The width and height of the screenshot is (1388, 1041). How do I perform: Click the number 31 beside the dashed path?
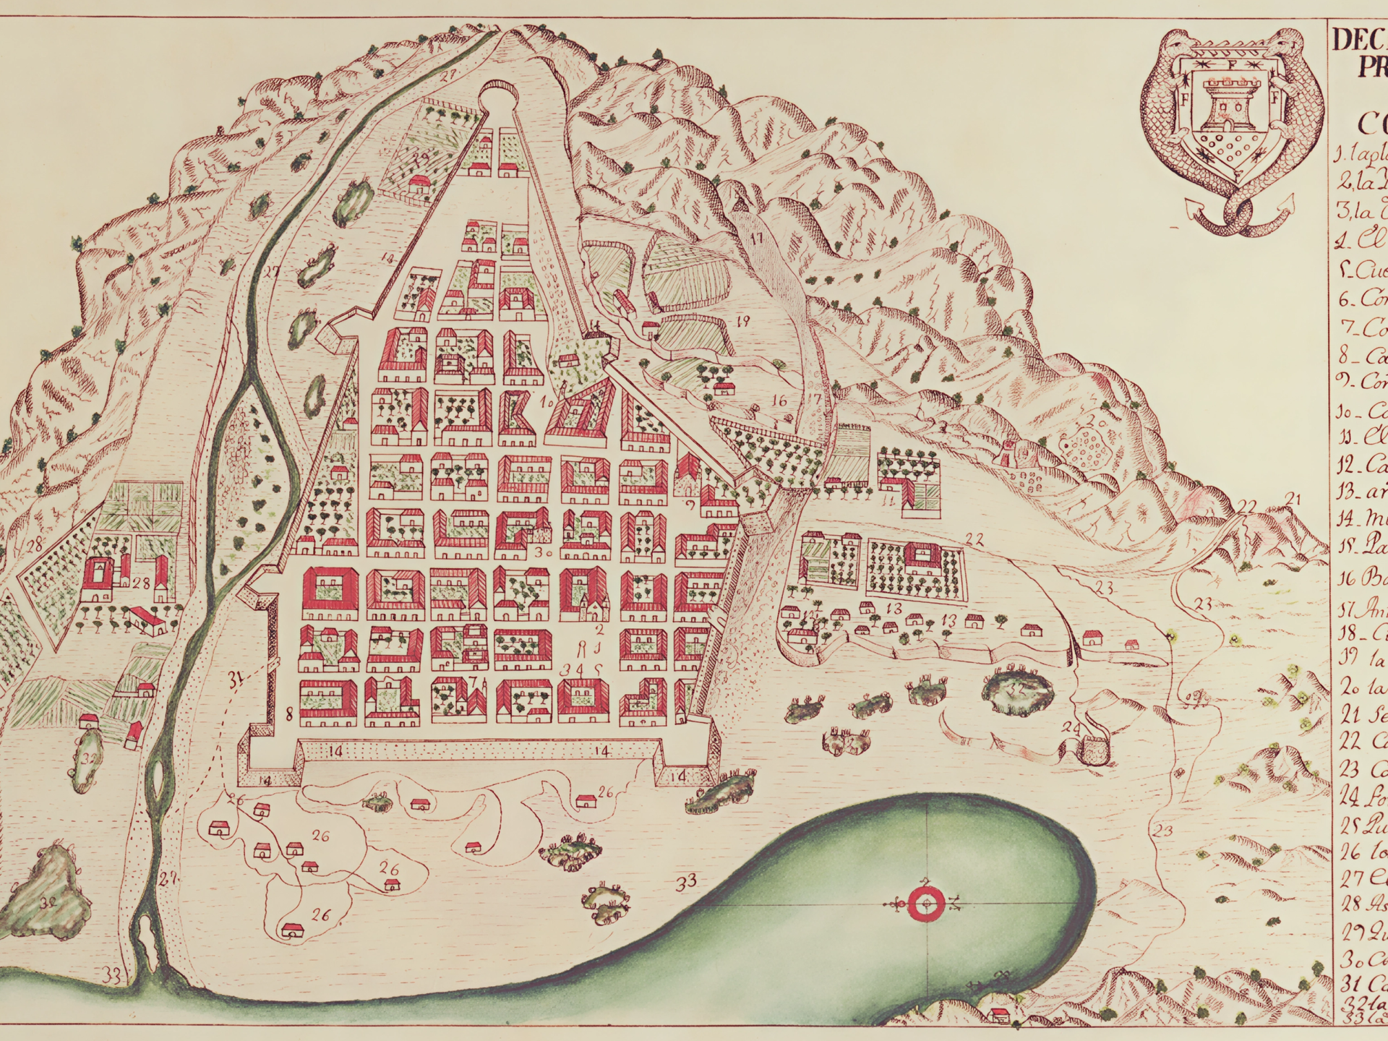pos(234,678)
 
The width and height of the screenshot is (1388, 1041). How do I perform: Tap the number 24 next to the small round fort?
pos(1073,727)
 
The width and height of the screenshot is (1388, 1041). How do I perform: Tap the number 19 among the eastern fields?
pos(742,321)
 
